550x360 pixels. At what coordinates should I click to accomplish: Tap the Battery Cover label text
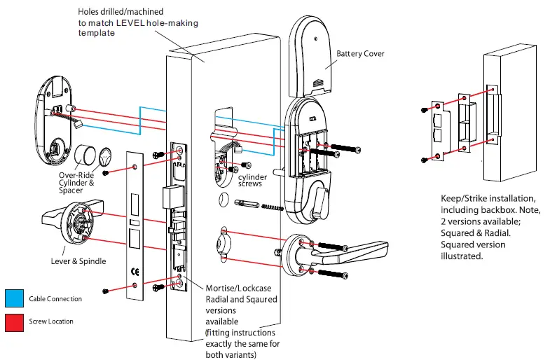pyautogui.click(x=360, y=54)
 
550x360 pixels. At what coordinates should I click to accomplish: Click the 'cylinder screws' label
pyautogui.click(x=264, y=179)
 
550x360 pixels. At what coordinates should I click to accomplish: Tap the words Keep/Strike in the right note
pyautogui.click(x=467, y=199)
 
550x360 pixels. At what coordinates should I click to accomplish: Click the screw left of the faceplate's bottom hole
pyautogui.click(x=105, y=290)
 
